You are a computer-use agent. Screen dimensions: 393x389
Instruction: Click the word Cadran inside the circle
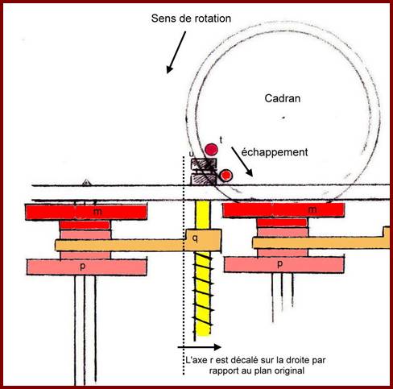(x=283, y=98)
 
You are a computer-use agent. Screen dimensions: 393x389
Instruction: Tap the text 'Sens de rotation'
(x=191, y=19)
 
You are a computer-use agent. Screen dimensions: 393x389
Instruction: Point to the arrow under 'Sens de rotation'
(x=176, y=52)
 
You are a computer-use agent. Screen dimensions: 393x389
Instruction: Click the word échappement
(x=275, y=152)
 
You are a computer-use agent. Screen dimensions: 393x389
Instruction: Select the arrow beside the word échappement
(x=242, y=162)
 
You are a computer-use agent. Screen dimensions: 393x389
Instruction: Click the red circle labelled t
(x=211, y=150)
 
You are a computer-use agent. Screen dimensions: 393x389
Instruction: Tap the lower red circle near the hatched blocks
(x=225, y=175)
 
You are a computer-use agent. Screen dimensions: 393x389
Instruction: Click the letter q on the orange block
(x=196, y=238)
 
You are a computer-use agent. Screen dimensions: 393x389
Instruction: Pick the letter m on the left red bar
(x=97, y=212)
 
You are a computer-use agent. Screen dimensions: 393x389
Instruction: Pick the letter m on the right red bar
(x=312, y=209)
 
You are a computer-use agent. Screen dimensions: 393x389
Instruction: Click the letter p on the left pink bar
(x=83, y=267)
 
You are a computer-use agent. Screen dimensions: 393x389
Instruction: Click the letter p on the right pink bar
(x=279, y=264)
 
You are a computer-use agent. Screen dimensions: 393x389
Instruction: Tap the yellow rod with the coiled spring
(x=203, y=268)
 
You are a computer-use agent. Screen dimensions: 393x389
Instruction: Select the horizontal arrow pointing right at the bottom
(x=200, y=347)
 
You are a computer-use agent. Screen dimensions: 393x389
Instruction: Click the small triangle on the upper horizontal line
(x=86, y=183)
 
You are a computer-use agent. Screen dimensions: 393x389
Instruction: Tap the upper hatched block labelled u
(x=204, y=163)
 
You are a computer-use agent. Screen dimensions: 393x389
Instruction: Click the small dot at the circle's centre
(x=283, y=118)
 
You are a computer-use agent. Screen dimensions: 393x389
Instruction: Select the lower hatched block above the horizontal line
(x=204, y=180)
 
